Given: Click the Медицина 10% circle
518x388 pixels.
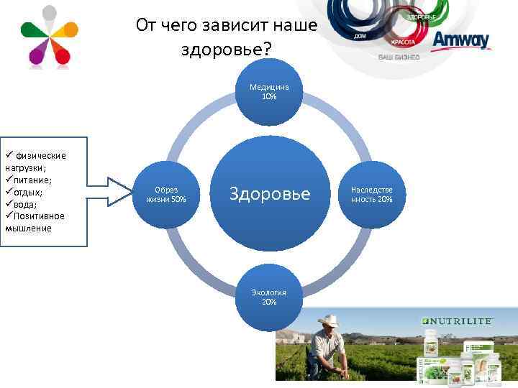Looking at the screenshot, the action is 269,92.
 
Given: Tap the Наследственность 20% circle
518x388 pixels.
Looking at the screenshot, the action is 371,195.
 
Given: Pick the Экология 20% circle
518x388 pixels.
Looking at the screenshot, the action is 269,297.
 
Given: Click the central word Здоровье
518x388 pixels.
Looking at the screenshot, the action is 269,194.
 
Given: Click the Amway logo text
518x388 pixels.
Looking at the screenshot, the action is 461,40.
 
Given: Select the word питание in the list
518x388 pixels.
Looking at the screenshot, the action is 27,180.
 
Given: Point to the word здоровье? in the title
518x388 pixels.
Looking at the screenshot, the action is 227,50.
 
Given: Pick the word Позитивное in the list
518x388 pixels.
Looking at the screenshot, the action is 39,216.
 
